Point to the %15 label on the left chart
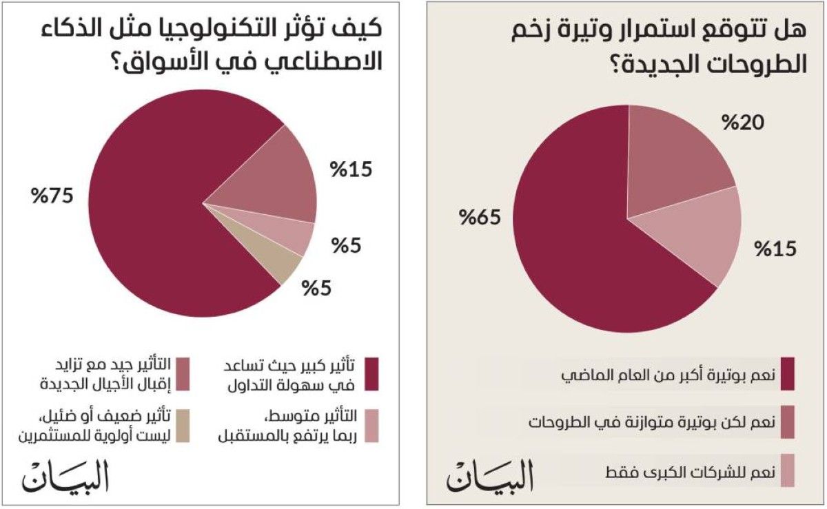351,169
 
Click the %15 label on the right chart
775,248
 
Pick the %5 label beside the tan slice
316,287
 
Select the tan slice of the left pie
283,264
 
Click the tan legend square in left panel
183,419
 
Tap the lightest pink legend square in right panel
787,471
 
